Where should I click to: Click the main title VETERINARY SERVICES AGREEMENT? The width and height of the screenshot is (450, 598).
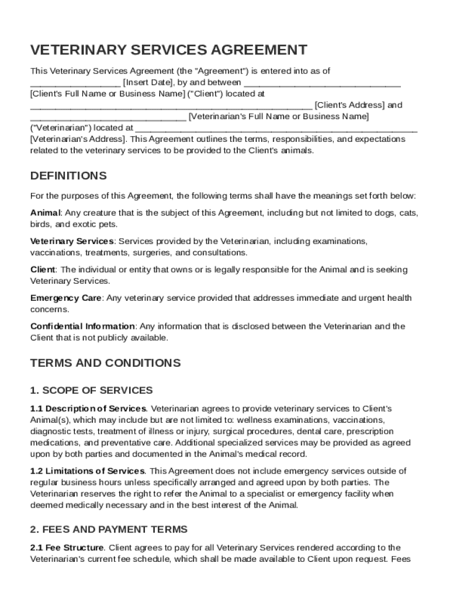tap(169, 50)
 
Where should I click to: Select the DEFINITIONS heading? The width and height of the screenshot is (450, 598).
tap(68, 176)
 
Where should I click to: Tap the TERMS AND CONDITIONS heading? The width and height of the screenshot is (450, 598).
tap(105, 363)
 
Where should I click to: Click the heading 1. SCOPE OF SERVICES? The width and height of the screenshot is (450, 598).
tap(91, 390)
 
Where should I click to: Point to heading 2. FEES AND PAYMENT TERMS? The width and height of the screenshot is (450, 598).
tap(109, 530)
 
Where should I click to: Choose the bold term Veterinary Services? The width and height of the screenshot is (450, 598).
tap(72, 241)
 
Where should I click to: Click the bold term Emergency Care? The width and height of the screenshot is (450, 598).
tap(66, 298)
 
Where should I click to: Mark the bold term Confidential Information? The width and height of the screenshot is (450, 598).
tap(82, 326)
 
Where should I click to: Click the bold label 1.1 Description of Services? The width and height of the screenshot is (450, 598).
tap(88, 408)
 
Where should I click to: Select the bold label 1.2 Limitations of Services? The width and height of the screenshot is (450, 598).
tap(87, 471)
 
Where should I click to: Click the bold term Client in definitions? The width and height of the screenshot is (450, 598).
tap(43, 269)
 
